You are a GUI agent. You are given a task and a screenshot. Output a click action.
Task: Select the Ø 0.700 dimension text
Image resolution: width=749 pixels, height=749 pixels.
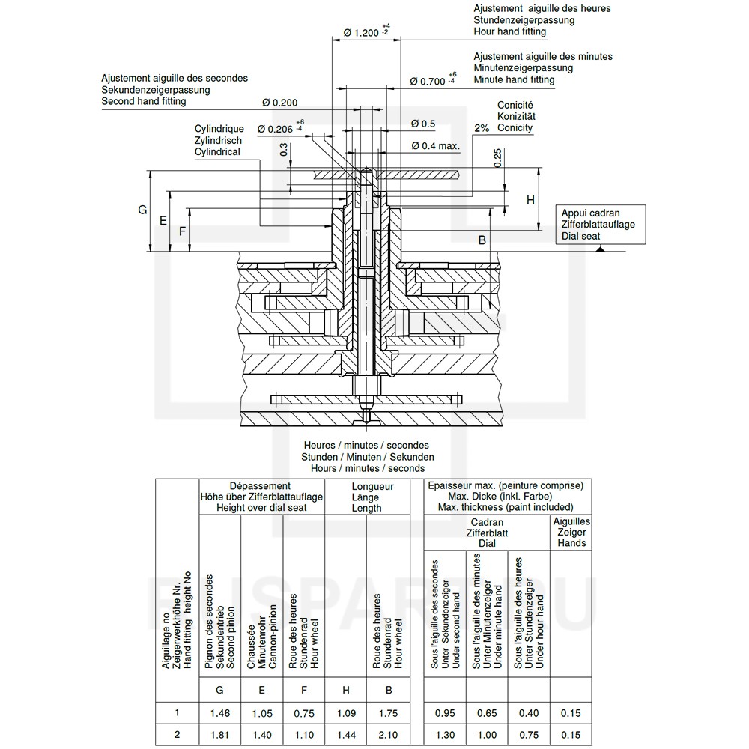[428, 81]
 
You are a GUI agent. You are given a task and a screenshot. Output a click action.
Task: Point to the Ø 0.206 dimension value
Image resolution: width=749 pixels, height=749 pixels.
[275, 129]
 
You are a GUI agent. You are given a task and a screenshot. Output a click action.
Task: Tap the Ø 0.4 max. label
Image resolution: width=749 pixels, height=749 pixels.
[435, 146]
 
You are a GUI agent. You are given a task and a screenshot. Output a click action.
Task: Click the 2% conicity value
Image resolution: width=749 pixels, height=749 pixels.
[482, 128]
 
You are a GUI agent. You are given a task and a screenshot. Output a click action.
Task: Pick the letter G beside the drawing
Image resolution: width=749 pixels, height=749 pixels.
[142, 210]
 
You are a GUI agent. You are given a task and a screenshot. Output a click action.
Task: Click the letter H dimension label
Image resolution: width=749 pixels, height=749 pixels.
[530, 200]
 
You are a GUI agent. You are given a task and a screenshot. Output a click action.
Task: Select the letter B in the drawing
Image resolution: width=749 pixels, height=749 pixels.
[482, 240]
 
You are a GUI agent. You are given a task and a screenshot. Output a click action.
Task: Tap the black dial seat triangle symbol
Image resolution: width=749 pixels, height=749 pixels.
[600, 249]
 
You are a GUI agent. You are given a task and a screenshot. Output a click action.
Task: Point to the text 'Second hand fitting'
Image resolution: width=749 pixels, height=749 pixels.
[144, 101]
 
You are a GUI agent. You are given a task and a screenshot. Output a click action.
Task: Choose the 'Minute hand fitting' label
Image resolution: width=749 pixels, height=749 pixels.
[514, 79]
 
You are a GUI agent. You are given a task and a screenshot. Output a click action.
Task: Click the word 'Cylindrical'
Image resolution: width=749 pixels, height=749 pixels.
[217, 152]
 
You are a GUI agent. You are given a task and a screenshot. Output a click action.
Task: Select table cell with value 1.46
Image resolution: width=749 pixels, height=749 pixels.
[220, 713]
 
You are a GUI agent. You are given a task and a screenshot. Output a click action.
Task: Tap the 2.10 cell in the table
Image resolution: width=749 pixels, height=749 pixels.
[388, 735]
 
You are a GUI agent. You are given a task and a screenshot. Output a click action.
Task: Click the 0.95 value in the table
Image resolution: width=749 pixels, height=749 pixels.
[445, 713]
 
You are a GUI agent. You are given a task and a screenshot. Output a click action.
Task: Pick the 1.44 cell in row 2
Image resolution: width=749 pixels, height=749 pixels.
[346, 735]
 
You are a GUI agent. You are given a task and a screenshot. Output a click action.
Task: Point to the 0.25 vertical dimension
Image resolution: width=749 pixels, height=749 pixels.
[498, 157]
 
